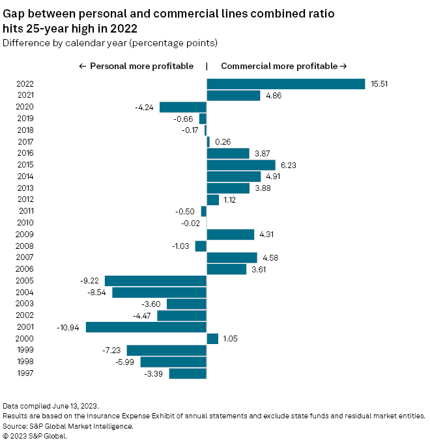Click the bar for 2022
coord(285,84)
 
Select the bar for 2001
coord(146,327)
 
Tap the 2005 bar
coord(156,281)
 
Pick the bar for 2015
coord(241,165)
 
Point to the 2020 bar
coord(183,108)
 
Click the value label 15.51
coord(378,84)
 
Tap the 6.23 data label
coord(287,165)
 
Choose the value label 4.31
coord(266,235)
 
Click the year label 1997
coord(25,373)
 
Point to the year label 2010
coord(25,223)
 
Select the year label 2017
coord(25,142)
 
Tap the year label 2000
coord(25,339)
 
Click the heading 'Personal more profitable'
coord(136,66)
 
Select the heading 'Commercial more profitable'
coord(284,66)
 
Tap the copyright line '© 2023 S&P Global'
coord(35,436)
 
